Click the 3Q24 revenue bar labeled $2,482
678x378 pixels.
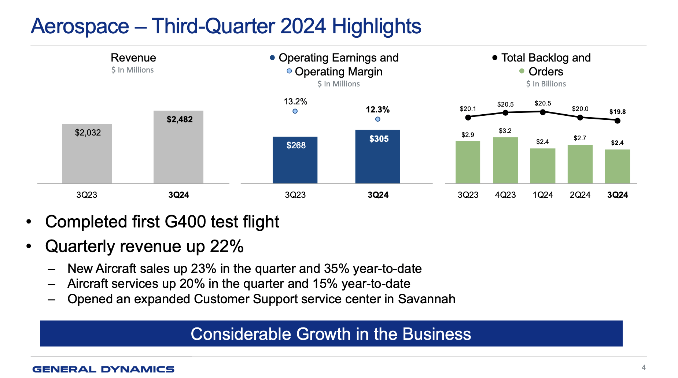click(x=178, y=150)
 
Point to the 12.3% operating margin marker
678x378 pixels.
click(x=377, y=119)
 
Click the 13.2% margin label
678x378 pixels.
click(x=295, y=101)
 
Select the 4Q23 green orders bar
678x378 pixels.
click(x=505, y=161)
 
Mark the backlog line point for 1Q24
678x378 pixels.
click(x=543, y=112)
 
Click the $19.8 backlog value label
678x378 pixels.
click(x=618, y=112)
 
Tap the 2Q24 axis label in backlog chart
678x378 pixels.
click(x=580, y=195)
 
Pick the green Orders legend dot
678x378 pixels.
click(x=522, y=71)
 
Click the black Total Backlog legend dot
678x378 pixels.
click(x=495, y=58)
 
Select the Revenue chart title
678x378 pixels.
click(x=133, y=58)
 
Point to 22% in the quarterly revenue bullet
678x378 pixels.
click(x=226, y=246)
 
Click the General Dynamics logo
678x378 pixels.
click(x=103, y=369)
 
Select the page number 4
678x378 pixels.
click(x=644, y=367)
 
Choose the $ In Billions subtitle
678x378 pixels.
click(x=546, y=84)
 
